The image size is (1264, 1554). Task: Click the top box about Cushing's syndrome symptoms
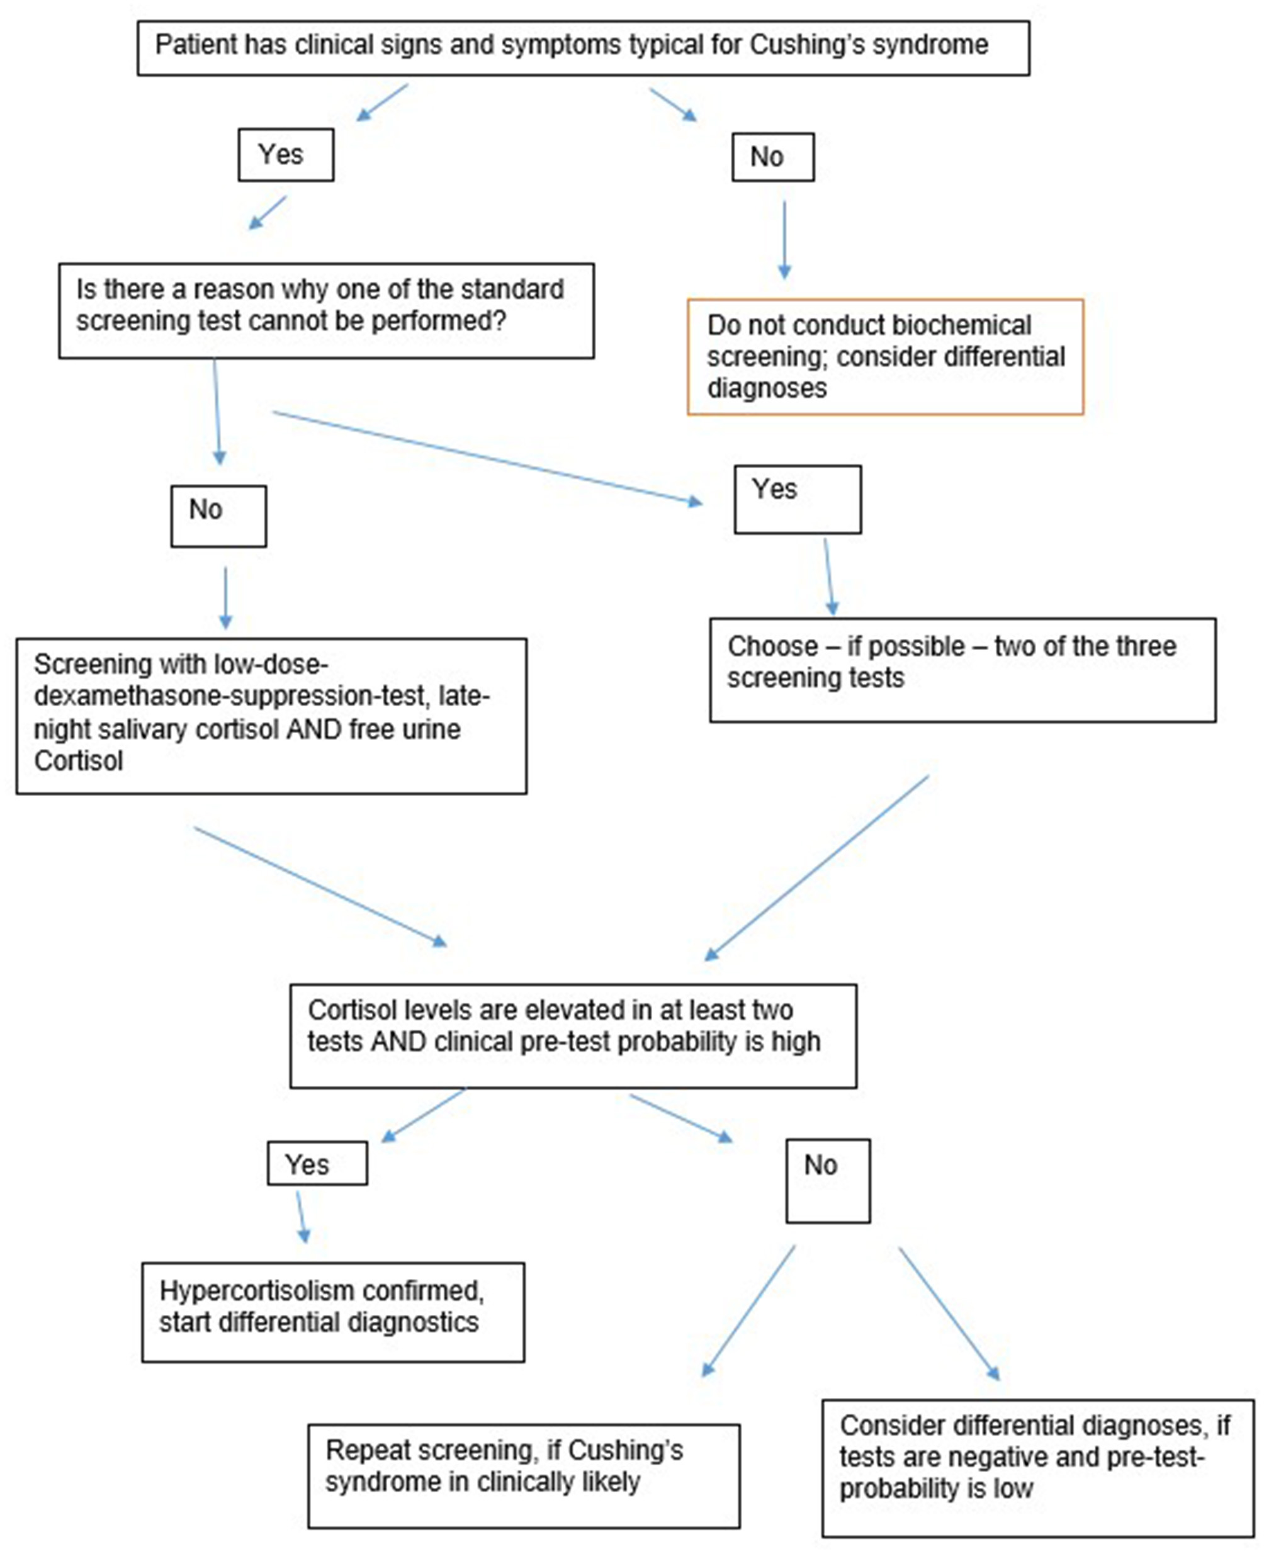pos(582,48)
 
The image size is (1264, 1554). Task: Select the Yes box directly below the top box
pos(285,155)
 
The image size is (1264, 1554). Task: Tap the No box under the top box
pos(772,157)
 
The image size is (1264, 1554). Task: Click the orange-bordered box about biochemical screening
pos(884,357)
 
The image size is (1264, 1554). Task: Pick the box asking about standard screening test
pos(326,310)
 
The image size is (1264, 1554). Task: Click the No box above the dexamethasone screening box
pos(218,516)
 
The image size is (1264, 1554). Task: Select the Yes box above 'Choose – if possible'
pos(798,499)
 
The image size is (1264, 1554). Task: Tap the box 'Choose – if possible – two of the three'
pos(962,670)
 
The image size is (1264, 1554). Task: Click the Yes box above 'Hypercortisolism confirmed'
pos(317,1164)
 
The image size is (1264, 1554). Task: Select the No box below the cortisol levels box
pos(827,1181)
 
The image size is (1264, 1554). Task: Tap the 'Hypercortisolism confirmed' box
pos(333,1312)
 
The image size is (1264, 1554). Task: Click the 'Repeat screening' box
pos(524,1475)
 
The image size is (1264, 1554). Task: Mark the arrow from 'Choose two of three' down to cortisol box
pos(817,867)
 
